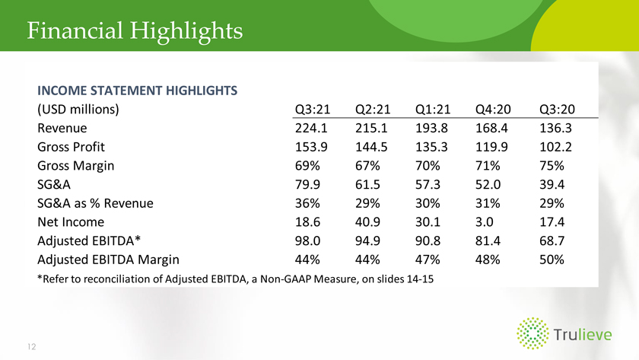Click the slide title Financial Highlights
135,31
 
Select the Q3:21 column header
313,110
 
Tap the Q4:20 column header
493,110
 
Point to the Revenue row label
62,128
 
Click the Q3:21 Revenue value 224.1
311,128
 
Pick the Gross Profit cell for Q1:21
431,147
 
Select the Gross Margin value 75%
552,165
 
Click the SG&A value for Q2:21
367,184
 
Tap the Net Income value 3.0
484,221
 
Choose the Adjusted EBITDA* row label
89,241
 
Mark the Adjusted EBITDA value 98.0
307,241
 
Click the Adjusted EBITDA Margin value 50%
552,260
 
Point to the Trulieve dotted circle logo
532,333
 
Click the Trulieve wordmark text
583,335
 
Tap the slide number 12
32,346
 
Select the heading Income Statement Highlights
138,91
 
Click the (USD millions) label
78,110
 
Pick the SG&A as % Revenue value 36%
307,203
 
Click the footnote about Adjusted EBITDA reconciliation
236,279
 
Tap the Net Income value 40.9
367,221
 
